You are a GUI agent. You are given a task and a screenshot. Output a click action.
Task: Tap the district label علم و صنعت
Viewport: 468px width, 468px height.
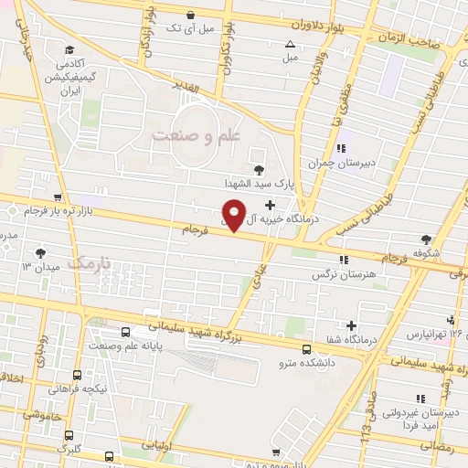click(194, 135)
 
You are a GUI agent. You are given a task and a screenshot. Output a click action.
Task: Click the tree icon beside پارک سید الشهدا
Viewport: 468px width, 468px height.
click(259, 169)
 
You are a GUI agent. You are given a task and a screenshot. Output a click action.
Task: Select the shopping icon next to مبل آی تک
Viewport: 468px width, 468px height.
click(190, 15)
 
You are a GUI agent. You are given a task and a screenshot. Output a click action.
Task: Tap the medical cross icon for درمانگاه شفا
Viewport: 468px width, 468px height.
click(351, 325)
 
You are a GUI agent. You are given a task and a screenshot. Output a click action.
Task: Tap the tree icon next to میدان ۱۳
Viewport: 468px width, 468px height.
click(40, 252)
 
